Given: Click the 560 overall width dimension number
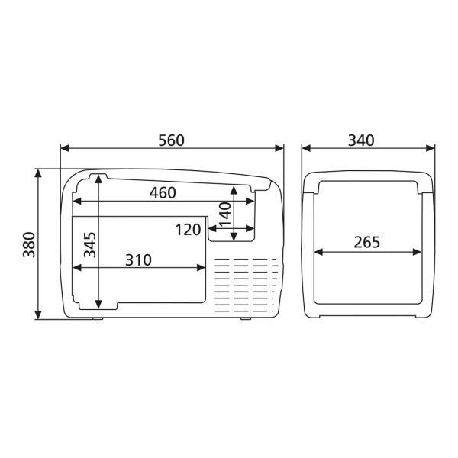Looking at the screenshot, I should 172,140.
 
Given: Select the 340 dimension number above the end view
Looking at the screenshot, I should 361,140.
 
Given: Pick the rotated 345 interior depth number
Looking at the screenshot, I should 89,246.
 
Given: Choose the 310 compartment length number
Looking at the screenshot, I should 138,260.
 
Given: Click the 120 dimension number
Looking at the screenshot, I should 187,230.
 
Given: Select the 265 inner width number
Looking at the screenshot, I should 367,243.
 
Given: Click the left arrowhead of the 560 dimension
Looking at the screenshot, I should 64,149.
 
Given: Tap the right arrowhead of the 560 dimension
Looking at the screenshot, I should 279,149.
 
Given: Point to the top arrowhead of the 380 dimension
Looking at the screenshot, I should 38,174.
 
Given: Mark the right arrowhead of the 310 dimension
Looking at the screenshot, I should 202,267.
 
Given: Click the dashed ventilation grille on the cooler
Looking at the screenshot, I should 246,286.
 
